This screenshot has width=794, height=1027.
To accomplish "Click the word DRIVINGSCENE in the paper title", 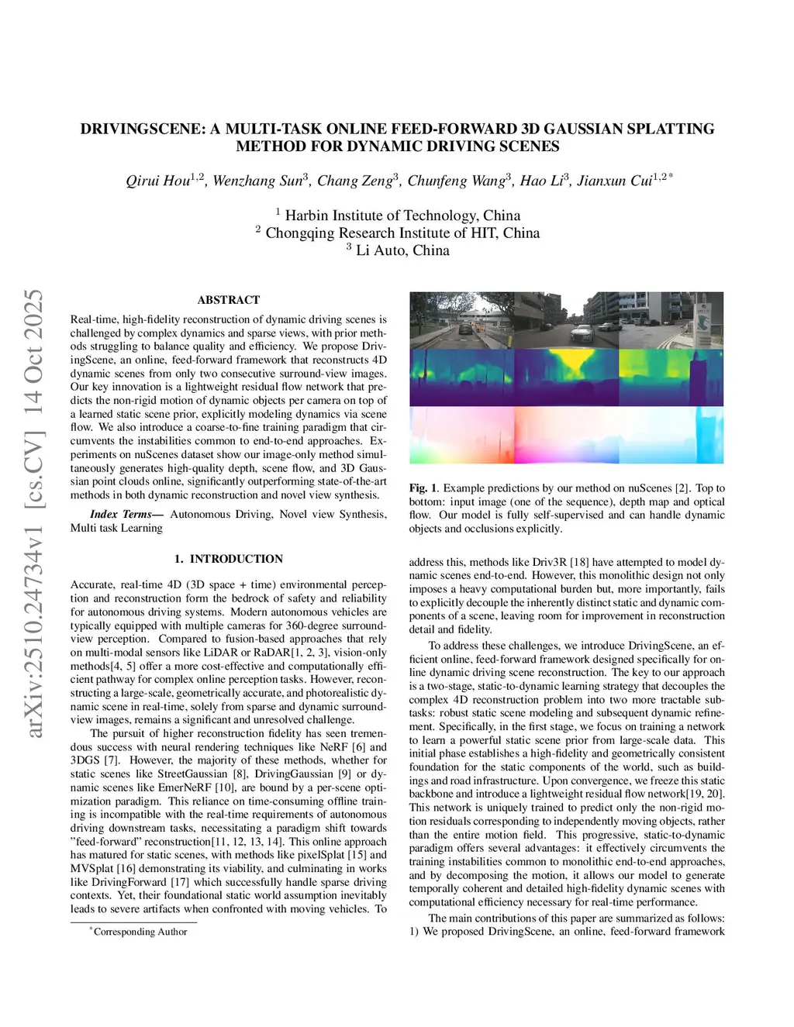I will (x=143, y=129).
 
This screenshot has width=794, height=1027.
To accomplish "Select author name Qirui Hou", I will (x=158, y=181).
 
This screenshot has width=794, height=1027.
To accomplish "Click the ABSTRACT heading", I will (x=229, y=300).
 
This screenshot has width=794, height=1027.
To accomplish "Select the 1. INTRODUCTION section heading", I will (x=229, y=559).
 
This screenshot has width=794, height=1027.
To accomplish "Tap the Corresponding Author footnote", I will (x=140, y=932).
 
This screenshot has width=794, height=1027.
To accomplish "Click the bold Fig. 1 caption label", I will (x=423, y=488).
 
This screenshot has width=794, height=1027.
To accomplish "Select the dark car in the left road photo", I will (x=465, y=329).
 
